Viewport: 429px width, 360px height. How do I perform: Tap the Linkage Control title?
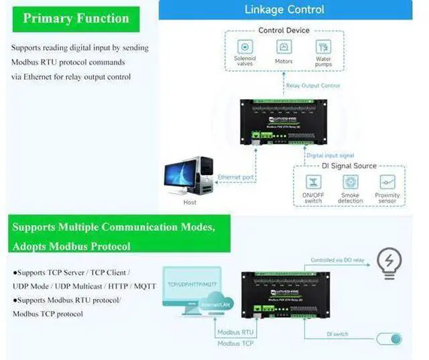point(284,9)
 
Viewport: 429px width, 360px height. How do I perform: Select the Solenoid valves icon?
point(245,47)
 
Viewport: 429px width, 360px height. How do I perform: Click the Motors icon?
point(284,47)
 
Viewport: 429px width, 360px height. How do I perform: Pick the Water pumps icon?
point(323,47)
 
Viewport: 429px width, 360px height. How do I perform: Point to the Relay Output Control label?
point(313,86)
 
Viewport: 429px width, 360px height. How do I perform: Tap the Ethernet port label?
point(235,178)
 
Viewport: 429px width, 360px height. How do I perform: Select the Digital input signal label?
point(330,156)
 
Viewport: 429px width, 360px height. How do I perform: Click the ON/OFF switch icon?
point(312,182)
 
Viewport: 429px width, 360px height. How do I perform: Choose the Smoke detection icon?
point(350,182)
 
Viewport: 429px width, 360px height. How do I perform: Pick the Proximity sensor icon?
point(387,182)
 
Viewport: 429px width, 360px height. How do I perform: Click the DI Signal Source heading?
point(349,166)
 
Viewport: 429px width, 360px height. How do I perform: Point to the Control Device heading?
point(284,30)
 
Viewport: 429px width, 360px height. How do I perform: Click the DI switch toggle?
point(389,339)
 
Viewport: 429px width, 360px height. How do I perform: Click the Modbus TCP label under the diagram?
point(236,344)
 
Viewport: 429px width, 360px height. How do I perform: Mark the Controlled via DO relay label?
point(337,260)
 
